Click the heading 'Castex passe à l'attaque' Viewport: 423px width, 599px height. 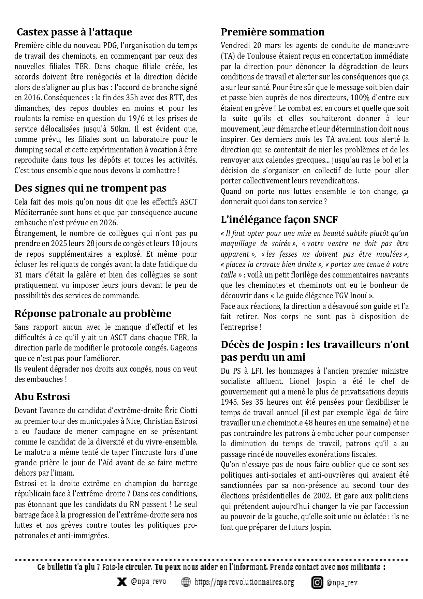pos(74,32)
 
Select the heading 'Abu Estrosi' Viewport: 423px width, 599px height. pos(42,397)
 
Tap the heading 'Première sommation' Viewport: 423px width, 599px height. pos(273,32)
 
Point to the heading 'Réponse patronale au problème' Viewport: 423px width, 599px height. pos(93,314)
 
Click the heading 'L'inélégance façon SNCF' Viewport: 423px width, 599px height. pos(279,220)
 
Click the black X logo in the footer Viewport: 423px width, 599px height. pos(120,582)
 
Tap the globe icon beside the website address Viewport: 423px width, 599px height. pos(186,582)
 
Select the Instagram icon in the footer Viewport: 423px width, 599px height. pos(317,582)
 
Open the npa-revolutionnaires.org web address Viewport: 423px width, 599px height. pos(244,582)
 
